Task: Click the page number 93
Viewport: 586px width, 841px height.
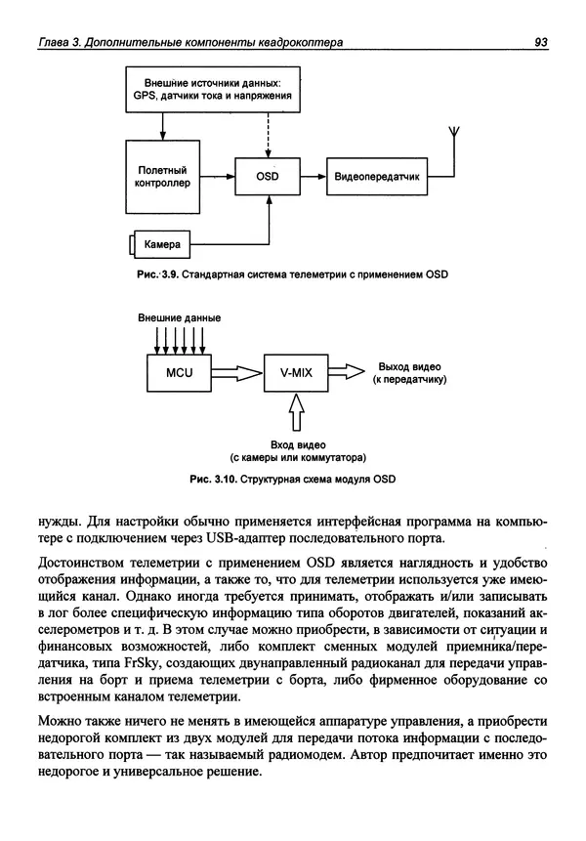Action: pyautogui.click(x=540, y=42)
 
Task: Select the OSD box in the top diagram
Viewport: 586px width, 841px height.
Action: pyautogui.click(x=268, y=177)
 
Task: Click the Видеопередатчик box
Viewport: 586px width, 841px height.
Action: pyautogui.click(x=376, y=177)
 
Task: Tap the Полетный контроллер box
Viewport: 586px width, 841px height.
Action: pyautogui.click(x=158, y=176)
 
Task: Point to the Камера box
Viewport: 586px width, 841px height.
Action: pyautogui.click(x=158, y=242)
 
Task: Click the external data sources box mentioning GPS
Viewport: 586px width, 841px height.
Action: pyautogui.click(x=212, y=91)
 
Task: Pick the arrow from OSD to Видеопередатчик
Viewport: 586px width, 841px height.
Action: pyautogui.click(x=313, y=177)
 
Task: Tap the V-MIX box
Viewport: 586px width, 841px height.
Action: pyautogui.click(x=294, y=372)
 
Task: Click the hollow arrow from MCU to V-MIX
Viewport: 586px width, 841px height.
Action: pyautogui.click(x=235, y=372)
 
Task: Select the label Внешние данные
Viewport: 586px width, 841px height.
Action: pyautogui.click(x=179, y=317)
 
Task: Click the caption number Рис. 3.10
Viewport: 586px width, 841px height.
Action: pyautogui.click(x=205, y=479)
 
